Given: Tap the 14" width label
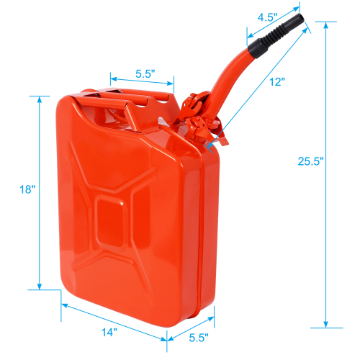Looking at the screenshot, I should coord(109,333).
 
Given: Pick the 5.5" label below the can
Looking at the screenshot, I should coord(199,336).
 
